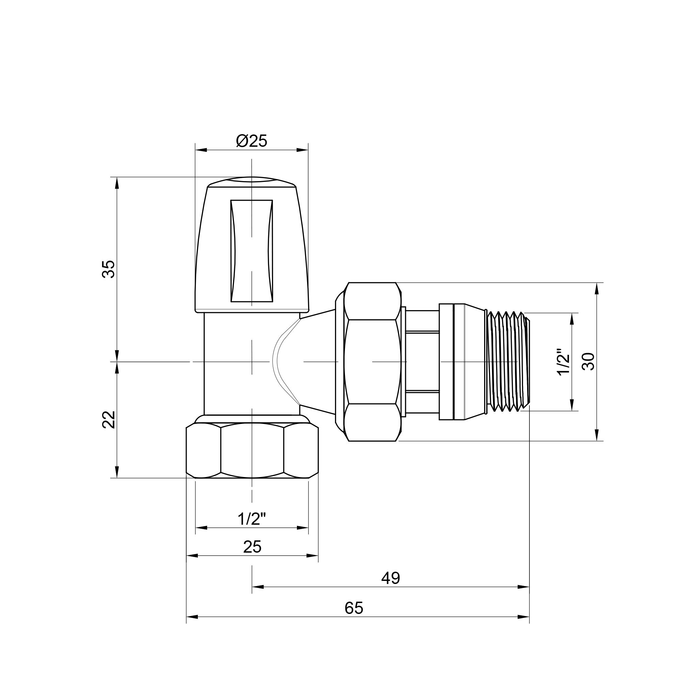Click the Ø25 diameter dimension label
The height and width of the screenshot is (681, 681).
(252, 141)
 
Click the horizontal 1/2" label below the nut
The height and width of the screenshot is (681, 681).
(252, 519)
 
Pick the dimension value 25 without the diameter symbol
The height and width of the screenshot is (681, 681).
(252, 547)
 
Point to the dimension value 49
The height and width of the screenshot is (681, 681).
(391, 579)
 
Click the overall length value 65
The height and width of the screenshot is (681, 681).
(353, 608)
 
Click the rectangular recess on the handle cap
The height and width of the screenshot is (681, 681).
(252, 251)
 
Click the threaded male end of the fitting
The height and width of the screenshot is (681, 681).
(508, 362)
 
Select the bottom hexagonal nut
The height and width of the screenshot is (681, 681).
(252, 451)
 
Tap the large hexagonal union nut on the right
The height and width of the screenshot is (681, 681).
(373, 362)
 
